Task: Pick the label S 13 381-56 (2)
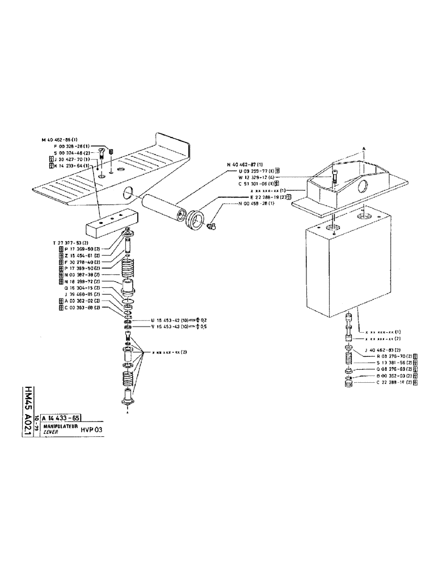point(389,362)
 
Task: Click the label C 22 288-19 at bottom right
point(389,383)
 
